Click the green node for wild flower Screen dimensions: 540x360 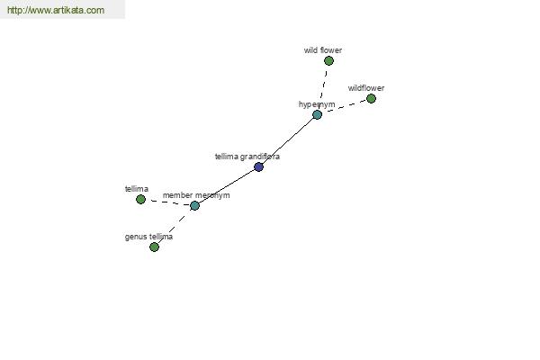click(328, 61)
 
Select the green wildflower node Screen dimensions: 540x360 click(371, 99)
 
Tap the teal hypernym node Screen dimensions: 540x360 click(317, 114)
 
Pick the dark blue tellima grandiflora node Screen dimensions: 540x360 click(258, 167)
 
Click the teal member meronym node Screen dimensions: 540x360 click(194, 206)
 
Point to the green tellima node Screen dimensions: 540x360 click(140, 199)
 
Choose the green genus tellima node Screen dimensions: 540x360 click(154, 247)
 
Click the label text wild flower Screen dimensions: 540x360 click(323, 50)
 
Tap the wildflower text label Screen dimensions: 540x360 click(366, 88)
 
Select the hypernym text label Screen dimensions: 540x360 click(317, 104)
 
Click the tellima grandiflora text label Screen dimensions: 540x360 click(247, 157)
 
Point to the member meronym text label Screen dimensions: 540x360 click(196, 195)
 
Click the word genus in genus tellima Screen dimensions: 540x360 click(133, 238)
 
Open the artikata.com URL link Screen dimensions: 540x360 click(56, 10)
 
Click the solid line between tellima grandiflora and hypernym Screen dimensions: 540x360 click(288, 141)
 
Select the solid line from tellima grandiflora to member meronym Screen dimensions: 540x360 click(227, 186)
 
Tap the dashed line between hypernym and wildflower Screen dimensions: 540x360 click(345, 107)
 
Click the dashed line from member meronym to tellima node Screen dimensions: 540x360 click(167, 202)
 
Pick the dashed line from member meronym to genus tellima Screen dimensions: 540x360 click(175, 226)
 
